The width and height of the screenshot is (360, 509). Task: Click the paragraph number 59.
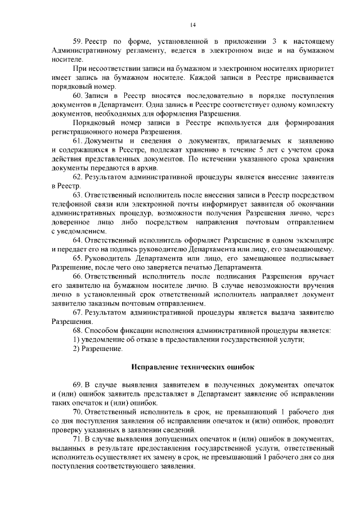point(79,42)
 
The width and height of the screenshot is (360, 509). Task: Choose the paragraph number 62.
point(79,177)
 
